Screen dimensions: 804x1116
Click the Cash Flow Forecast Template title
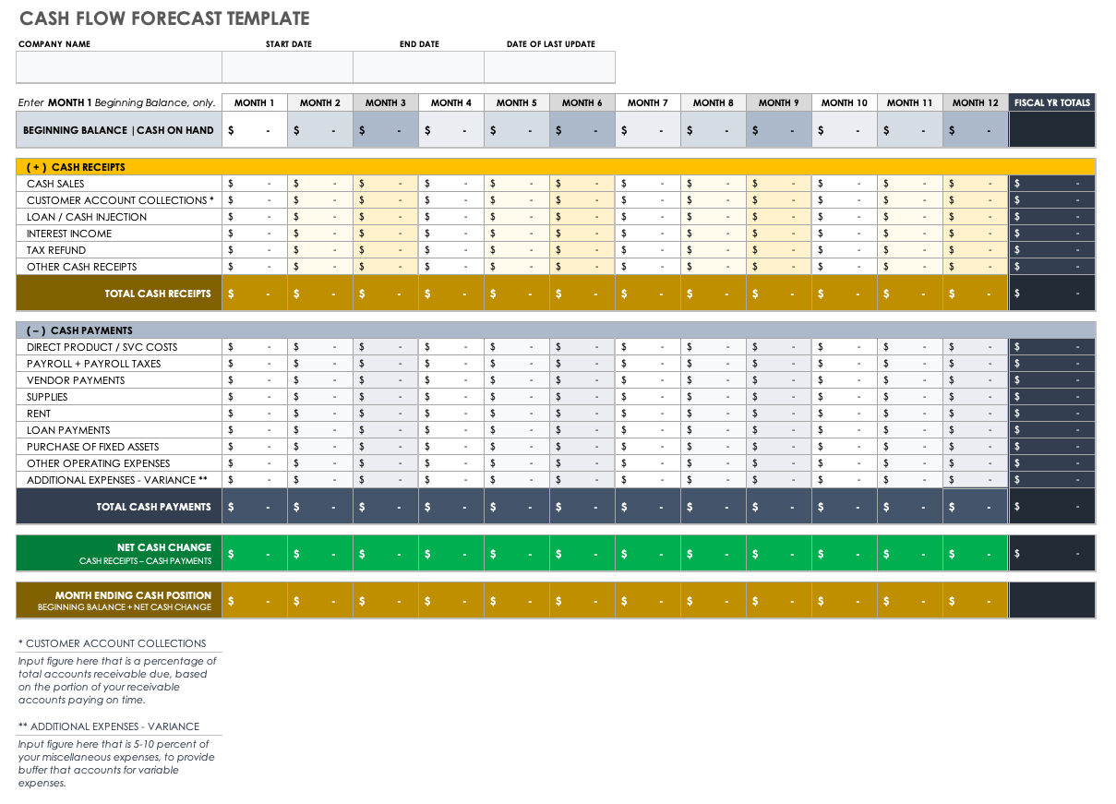164,18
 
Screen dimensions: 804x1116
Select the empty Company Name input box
119,67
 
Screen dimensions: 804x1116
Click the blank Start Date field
287,67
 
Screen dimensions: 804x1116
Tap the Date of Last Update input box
549,67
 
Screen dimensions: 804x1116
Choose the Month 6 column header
582,102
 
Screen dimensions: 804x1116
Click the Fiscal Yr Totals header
1051,102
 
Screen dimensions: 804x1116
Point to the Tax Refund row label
56,250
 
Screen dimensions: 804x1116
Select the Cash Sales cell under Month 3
386,184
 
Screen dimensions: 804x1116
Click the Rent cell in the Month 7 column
648,414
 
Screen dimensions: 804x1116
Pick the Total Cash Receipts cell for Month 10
845,294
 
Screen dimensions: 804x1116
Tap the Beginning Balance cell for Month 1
255,130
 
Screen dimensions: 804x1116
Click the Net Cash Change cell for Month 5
517,554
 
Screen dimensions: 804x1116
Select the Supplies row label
47,397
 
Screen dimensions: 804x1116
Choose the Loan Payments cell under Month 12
976,430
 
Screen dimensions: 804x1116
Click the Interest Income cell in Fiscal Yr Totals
1051,234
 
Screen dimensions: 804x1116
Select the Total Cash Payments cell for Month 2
320,507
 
